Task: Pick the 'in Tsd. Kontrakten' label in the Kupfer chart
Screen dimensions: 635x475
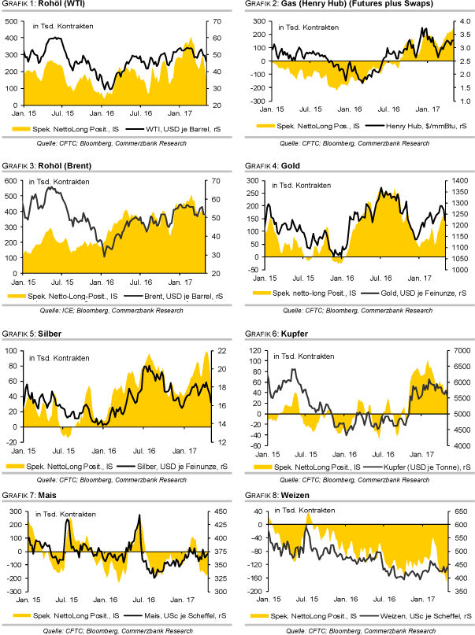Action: [303, 356]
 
